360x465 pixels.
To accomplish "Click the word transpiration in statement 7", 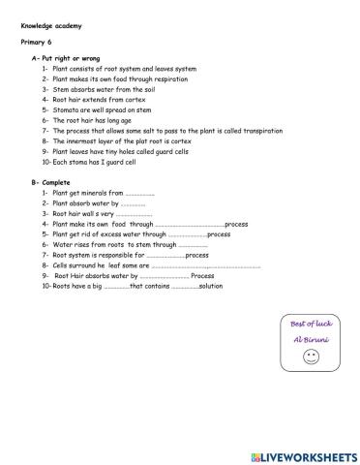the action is pyautogui.click(x=258, y=130).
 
